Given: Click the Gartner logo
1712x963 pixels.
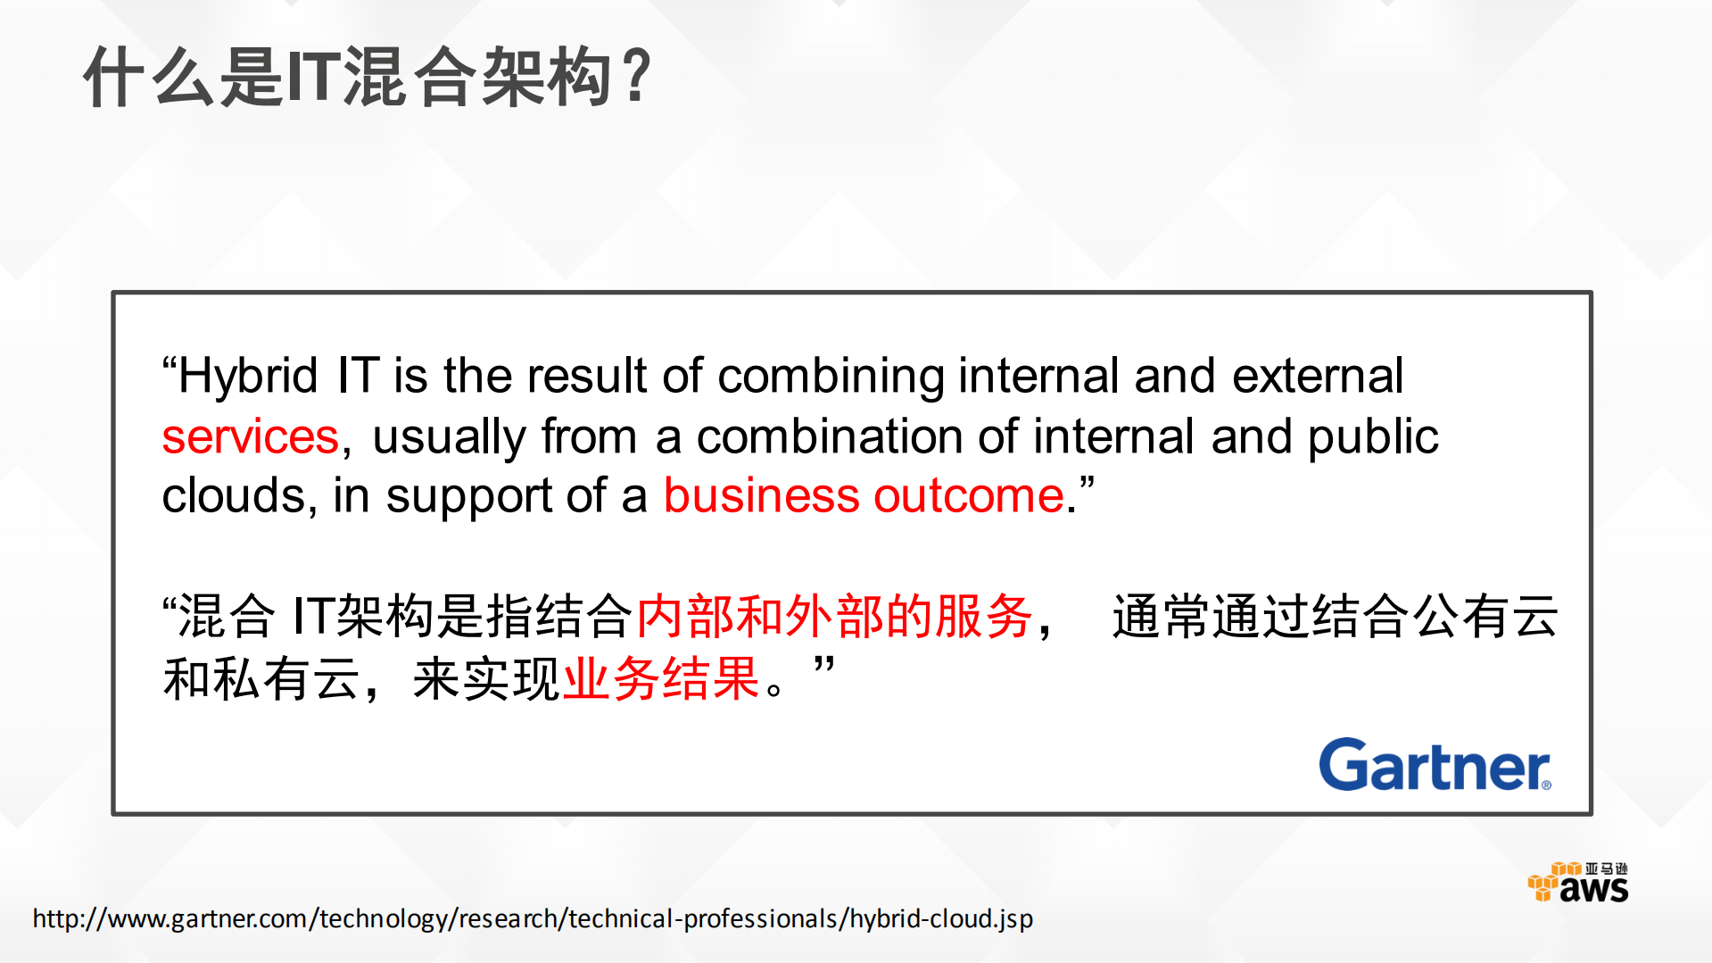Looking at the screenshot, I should [1434, 765].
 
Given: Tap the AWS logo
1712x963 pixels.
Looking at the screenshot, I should [1578, 882].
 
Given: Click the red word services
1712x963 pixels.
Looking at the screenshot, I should [250, 436].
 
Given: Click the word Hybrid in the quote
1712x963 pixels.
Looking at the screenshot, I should [247, 376].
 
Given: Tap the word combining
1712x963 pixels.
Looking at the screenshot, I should [830, 376].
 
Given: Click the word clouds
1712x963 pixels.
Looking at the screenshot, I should [234, 495].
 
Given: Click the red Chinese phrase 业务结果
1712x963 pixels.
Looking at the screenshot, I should [661, 678].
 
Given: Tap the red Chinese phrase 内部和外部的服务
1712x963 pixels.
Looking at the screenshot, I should [834, 616].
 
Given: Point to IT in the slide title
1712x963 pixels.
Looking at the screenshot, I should [313, 78].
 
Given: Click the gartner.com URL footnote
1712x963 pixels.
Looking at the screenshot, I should [533, 918].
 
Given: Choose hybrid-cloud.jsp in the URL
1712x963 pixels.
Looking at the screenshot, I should [940, 918].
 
